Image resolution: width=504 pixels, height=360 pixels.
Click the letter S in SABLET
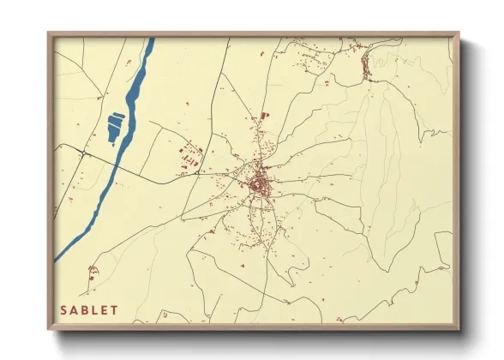(x=63, y=309)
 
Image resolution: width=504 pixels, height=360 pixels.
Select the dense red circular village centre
(x=257, y=183)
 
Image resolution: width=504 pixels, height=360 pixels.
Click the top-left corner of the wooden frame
(x=48, y=33)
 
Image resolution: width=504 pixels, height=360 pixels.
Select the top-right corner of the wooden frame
(x=459, y=33)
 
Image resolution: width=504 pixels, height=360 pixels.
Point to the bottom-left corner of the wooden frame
(x=48, y=329)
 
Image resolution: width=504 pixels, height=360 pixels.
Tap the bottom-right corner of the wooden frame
(x=459, y=329)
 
